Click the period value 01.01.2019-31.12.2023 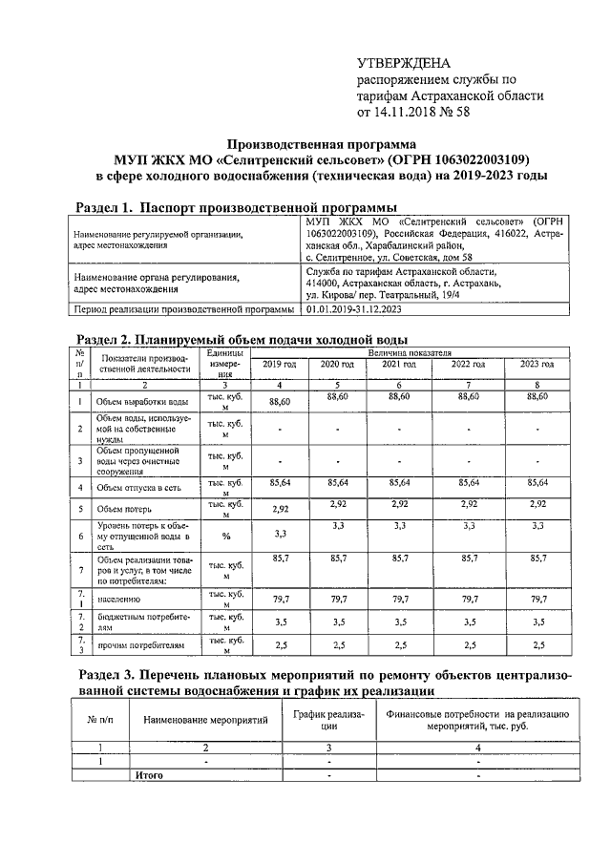353,309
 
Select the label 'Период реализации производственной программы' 183,309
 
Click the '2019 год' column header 279,364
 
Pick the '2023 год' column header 536,364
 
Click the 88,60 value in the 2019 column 279,403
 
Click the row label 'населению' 119,600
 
